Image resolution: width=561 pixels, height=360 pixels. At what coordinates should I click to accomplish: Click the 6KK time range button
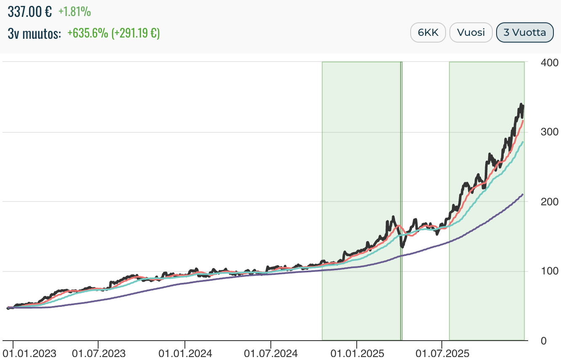[428, 32]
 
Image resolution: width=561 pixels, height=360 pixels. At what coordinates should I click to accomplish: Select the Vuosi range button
[471, 32]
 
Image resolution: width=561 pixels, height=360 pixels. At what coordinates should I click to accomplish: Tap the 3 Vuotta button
[524, 32]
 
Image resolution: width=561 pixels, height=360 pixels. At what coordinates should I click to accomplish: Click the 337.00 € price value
[29, 12]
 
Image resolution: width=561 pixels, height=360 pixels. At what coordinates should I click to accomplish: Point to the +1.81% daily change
[75, 12]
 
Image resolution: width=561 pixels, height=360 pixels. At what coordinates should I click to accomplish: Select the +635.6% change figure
[88, 33]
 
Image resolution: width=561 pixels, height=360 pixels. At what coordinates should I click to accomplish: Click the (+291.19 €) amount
[135, 33]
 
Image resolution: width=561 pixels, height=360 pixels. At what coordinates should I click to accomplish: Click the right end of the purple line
[523, 194]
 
